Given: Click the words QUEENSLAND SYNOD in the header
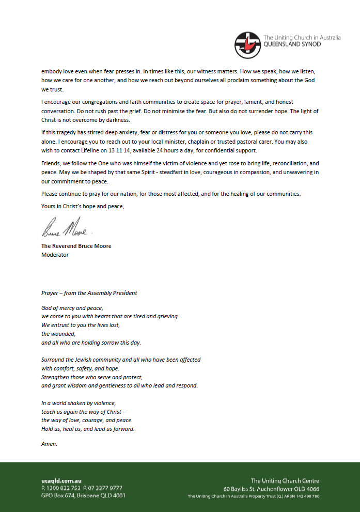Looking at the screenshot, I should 292,44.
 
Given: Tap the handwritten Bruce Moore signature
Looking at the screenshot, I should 65,227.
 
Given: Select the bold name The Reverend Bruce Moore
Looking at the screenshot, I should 76,246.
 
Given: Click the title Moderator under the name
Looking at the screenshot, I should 55,254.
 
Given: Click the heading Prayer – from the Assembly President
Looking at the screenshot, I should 89,293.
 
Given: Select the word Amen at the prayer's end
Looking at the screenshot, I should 49,444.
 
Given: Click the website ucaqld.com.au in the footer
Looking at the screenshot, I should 61,480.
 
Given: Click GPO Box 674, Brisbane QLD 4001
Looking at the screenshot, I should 83,496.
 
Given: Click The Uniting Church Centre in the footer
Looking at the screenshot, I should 285,480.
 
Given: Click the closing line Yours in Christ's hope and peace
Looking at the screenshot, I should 83,206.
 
